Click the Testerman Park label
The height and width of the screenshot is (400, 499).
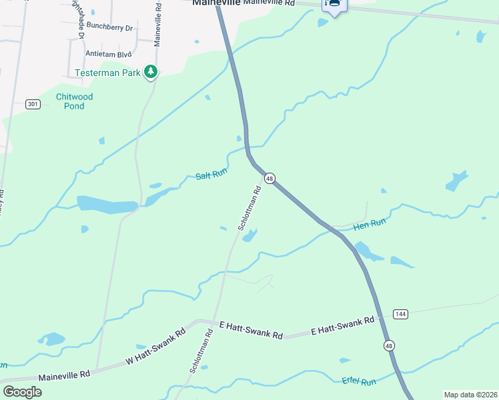click(108, 72)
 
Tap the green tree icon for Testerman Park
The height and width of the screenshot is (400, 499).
click(151, 71)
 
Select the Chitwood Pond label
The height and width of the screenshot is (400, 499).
click(74, 101)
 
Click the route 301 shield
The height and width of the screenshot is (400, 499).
click(33, 104)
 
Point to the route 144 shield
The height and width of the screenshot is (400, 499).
click(400, 313)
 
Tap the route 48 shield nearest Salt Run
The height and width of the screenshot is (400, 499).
click(270, 178)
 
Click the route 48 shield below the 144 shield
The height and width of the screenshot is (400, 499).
click(389, 345)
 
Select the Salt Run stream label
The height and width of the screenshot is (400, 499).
click(212, 175)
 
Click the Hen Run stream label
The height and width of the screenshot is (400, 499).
click(370, 225)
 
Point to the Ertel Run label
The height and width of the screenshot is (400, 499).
click(359, 381)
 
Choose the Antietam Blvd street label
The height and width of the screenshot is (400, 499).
click(107, 53)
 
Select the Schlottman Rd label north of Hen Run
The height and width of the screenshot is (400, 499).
click(249, 209)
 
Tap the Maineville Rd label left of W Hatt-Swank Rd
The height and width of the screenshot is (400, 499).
click(64, 377)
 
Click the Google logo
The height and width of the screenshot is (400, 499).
click(22, 391)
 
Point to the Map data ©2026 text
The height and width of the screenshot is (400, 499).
click(470, 395)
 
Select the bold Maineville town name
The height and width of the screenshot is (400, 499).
click(215, 3)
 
